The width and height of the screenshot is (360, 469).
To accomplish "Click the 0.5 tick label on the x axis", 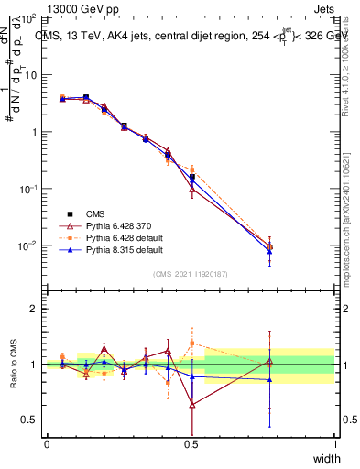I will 191,443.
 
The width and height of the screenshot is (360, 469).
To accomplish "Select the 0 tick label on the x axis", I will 47,443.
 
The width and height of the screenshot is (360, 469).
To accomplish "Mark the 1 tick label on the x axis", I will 335,443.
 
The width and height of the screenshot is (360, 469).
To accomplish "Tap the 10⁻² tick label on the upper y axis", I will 27,245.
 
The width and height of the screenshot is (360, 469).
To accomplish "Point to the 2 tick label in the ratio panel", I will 33,309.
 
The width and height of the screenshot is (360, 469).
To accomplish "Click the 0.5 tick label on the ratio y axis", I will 28,420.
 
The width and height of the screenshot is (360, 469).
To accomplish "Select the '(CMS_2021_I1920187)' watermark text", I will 191,273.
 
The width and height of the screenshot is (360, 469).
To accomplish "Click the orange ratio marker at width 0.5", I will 191,344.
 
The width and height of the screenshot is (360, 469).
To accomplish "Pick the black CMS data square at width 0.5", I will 191,177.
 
